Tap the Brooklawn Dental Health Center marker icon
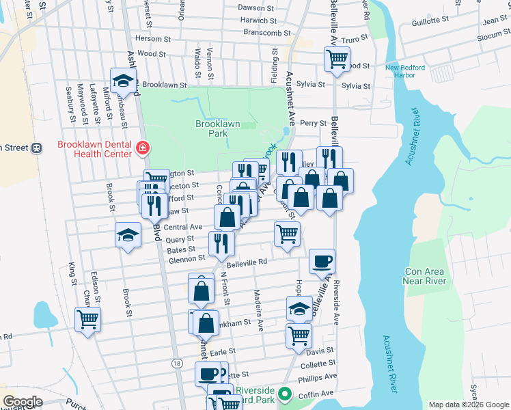click(143, 148)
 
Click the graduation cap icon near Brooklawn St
click(123, 81)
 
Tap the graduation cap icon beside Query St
click(128, 236)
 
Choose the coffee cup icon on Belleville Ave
click(322, 261)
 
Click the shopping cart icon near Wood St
click(336, 59)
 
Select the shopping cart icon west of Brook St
click(88, 319)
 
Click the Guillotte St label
click(430, 21)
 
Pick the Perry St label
click(313, 123)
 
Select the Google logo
click(23, 402)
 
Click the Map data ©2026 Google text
click(469, 405)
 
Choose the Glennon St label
click(186, 258)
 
